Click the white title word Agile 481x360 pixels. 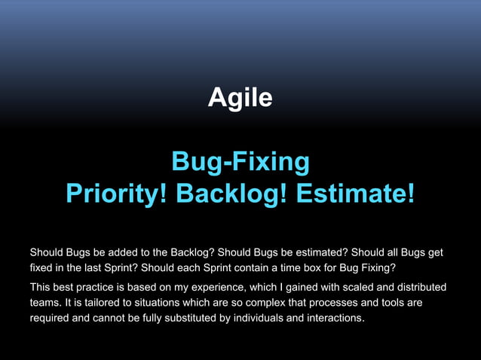240,98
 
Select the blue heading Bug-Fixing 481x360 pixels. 240,161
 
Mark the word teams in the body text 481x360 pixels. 44,304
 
